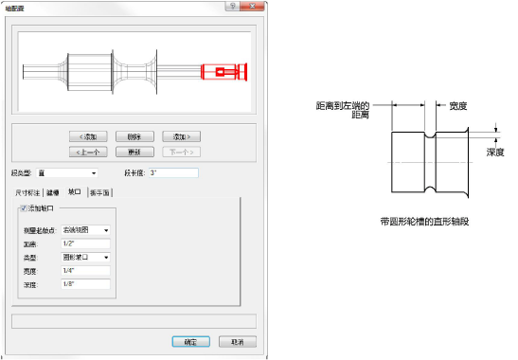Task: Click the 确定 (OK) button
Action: pos(190,341)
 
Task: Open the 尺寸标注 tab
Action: pos(28,192)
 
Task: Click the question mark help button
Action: pos(230,7)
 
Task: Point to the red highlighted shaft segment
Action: pos(223,72)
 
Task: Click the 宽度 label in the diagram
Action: pos(457,106)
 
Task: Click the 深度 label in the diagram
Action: pos(495,151)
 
